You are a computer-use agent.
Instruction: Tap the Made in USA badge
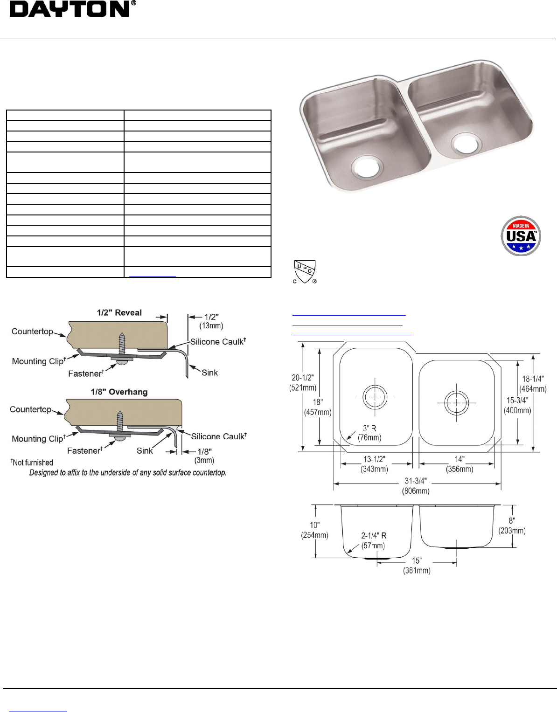tap(521, 235)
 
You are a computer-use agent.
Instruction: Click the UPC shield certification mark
tap(305, 272)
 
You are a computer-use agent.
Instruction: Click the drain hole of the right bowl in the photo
tap(466, 144)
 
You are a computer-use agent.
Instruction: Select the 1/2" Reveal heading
tap(119, 312)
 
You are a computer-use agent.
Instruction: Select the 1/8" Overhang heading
tap(119, 392)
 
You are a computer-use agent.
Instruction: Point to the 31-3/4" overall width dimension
tap(416, 485)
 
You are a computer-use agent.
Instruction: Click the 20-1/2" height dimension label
tap(303, 383)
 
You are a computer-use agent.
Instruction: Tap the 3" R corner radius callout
tap(369, 433)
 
